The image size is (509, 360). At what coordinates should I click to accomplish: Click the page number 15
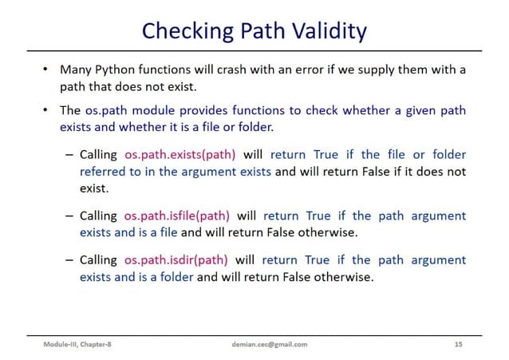pyautogui.click(x=457, y=344)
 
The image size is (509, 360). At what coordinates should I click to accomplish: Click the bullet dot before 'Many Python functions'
pyautogui.click(x=46, y=69)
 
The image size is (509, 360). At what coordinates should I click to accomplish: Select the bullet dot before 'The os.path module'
pyautogui.click(x=46, y=110)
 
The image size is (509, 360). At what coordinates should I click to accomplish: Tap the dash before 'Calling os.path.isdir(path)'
pyautogui.click(x=70, y=260)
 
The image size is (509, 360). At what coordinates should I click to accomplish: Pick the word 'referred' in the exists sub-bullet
pyautogui.click(x=104, y=172)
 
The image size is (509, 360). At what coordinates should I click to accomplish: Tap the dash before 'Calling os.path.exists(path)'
pyautogui.click(x=70, y=155)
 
